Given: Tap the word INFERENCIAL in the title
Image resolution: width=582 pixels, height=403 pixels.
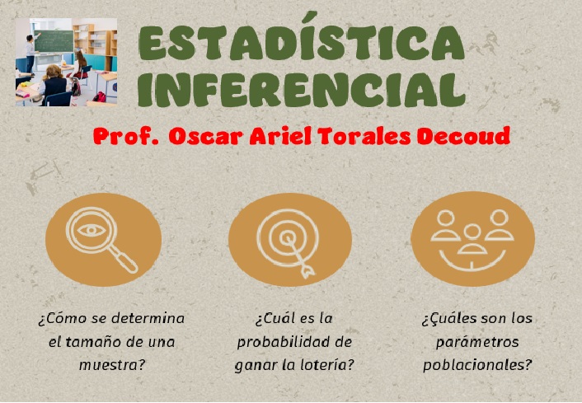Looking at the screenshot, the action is [302, 89].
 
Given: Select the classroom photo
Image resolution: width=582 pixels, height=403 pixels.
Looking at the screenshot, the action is [66, 62].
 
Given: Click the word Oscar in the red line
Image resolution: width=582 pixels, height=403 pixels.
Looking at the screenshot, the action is [206, 137].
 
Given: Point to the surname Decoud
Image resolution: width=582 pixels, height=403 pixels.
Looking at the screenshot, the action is [463, 136].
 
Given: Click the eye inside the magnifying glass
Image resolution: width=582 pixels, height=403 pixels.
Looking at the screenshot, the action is [92, 231].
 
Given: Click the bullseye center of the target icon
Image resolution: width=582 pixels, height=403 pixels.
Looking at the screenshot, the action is [287, 237].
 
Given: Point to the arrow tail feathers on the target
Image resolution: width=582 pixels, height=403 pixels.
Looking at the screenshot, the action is [307, 272].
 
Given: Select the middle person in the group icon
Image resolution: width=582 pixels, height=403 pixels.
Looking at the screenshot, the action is [472, 239].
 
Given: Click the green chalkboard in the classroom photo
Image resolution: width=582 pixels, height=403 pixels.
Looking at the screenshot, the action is [54, 41].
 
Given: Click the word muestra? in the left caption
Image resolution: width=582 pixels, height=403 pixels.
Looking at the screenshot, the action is [111, 366].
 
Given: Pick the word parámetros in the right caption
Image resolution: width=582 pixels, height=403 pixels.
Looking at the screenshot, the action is [477, 342].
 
